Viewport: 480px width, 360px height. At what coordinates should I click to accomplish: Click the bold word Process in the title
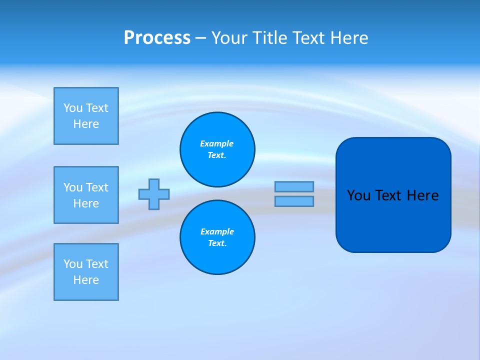click(x=157, y=38)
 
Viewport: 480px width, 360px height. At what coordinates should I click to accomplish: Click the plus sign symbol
click(x=154, y=194)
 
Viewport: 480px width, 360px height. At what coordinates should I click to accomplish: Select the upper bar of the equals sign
click(x=294, y=186)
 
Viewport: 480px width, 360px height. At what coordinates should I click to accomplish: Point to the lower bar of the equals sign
click(x=294, y=201)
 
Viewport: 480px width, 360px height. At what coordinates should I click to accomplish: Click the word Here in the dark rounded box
click(x=422, y=195)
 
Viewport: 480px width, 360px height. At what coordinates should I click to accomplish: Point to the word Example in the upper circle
click(x=217, y=143)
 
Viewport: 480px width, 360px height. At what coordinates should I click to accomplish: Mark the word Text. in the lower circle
click(x=217, y=243)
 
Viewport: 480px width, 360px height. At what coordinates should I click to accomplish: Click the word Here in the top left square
click(x=86, y=124)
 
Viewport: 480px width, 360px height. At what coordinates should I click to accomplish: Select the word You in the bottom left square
click(x=73, y=264)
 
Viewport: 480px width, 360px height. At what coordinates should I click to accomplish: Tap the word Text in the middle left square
click(x=97, y=187)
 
